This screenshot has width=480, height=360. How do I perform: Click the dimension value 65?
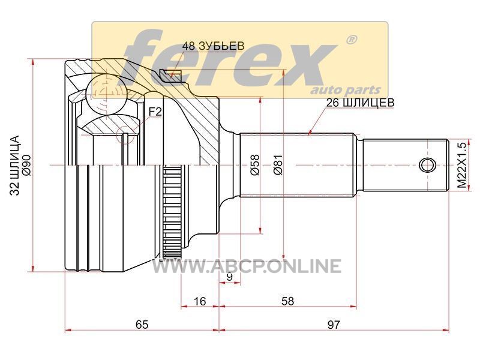pos(142,325)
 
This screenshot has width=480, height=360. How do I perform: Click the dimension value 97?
pos(334,325)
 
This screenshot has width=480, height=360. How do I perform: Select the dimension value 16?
pos(200,301)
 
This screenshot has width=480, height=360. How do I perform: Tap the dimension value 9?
pos(230,277)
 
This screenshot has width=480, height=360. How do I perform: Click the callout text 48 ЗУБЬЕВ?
pos(214,46)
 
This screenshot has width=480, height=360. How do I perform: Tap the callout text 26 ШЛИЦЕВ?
pos(361,103)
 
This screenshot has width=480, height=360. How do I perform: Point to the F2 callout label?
pos(155,112)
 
